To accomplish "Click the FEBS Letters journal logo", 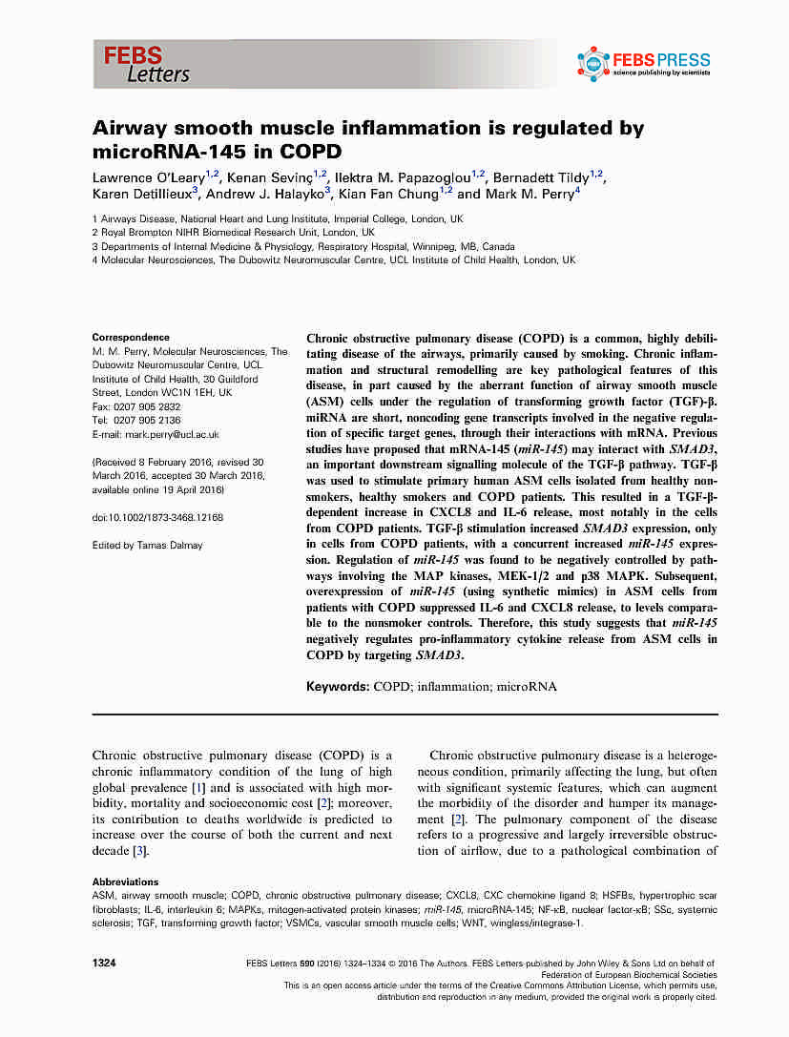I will [147, 64].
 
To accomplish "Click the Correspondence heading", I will [131, 338].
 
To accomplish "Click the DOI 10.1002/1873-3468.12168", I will [157, 517].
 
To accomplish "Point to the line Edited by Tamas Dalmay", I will [147, 546].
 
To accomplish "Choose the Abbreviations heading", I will [125, 881].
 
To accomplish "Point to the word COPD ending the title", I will [309, 151].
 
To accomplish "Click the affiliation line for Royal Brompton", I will [234, 231].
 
